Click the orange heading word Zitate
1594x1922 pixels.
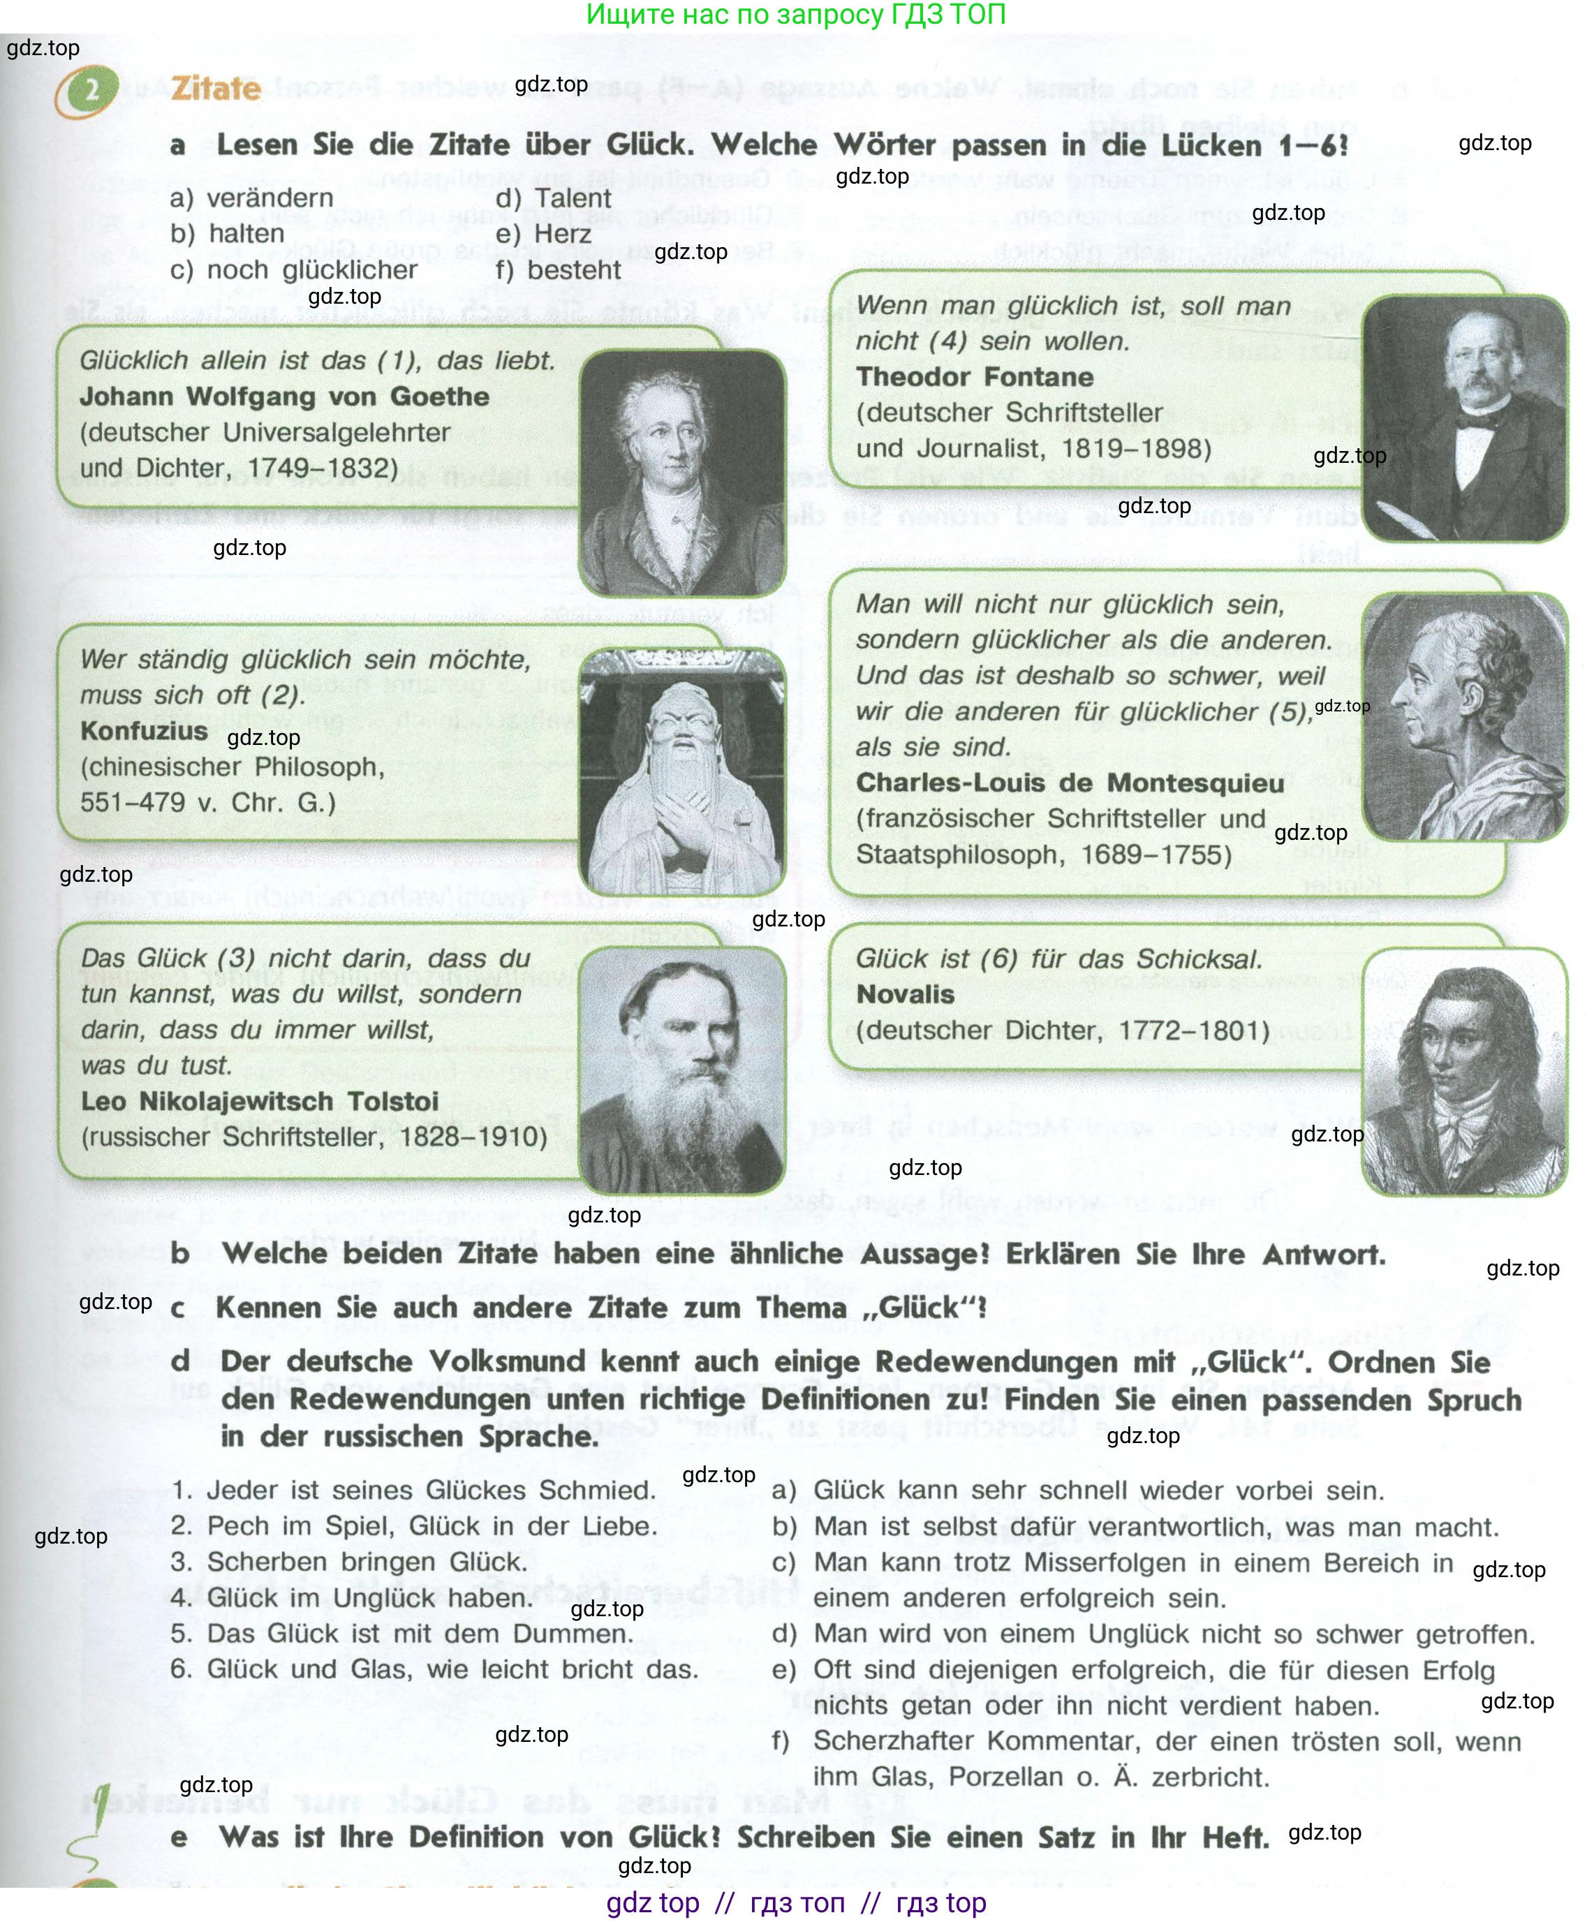(x=216, y=89)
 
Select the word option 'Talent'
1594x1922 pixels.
(x=573, y=198)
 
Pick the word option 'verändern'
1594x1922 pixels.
(x=270, y=198)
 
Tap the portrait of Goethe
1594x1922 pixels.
(x=682, y=471)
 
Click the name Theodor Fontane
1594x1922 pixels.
(x=974, y=376)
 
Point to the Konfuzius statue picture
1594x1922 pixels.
(x=682, y=771)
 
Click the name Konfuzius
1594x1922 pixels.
(x=144, y=730)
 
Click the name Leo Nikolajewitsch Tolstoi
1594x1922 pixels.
(x=259, y=1101)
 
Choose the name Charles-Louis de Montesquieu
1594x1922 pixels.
(x=1070, y=783)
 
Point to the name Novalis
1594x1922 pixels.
(x=905, y=994)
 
